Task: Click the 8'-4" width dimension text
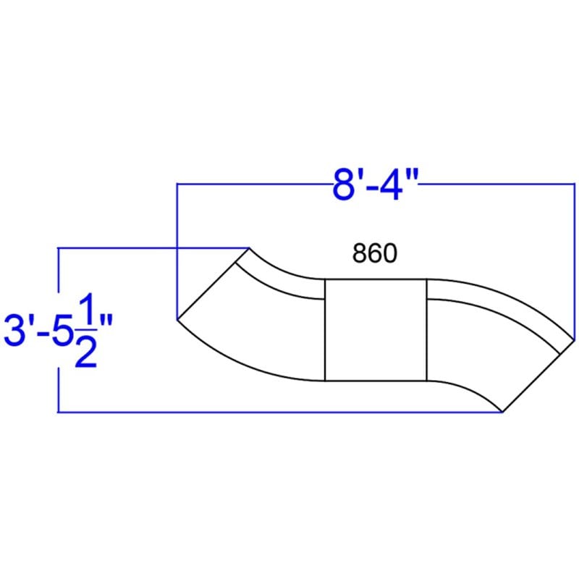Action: [x=375, y=185]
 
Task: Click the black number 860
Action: [x=375, y=253]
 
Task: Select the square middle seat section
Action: [x=376, y=330]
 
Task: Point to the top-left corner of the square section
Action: [x=324, y=279]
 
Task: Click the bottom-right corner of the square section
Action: [x=427, y=381]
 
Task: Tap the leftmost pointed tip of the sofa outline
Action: [x=177, y=320]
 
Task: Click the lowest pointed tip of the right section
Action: [x=502, y=412]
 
